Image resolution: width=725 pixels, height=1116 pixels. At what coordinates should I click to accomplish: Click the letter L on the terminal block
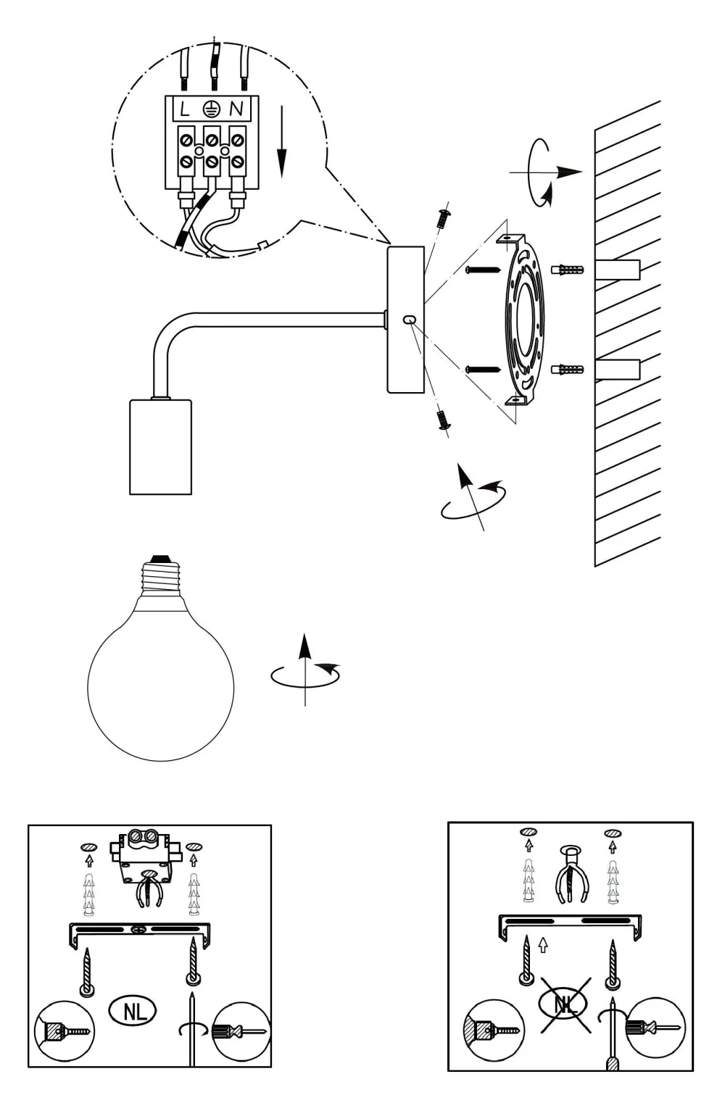[185, 109]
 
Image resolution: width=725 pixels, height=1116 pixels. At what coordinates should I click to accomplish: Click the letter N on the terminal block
[236, 109]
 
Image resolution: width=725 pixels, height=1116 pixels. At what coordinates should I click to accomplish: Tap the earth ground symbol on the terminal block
[210, 109]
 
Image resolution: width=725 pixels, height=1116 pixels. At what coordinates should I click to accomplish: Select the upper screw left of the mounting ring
[481, 270]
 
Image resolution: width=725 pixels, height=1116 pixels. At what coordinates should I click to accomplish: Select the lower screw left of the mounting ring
[481, 370]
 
